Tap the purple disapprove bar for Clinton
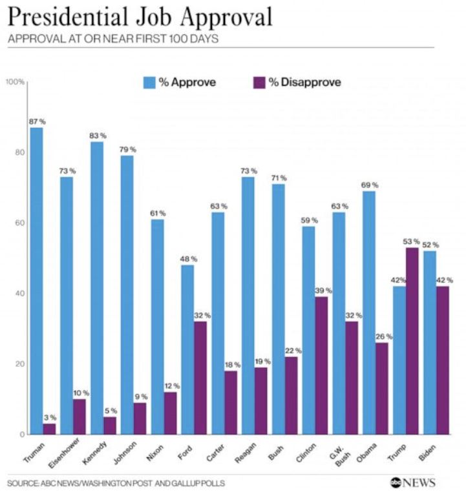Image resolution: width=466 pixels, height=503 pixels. (321, 365)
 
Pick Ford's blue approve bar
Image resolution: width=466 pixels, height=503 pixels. (187, 349)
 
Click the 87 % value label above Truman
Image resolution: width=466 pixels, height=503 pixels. (37, 121)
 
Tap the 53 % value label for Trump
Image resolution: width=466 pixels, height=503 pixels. (412, 241)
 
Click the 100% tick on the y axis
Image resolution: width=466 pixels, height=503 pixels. (16, 82)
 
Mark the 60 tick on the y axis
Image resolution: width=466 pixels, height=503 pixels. (20, 223)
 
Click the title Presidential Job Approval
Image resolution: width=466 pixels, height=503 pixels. (139, 17)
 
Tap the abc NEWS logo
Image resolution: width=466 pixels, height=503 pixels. (412, 482)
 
